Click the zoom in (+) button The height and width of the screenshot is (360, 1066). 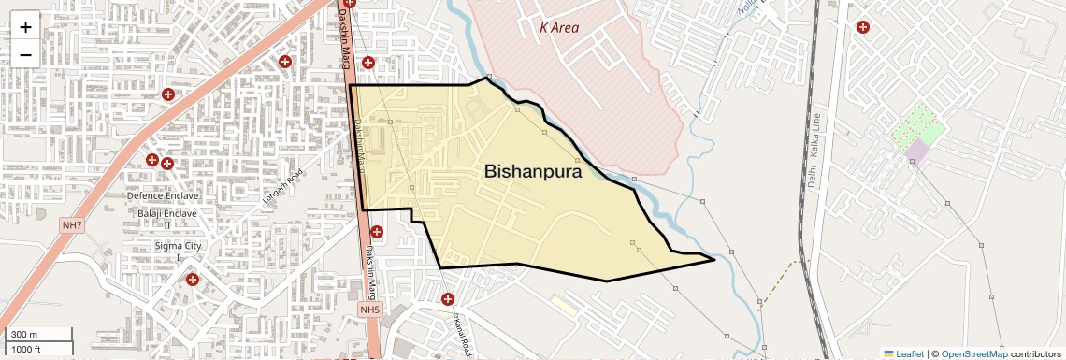click(x=25, y=26)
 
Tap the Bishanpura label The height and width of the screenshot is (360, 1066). click(x=533, y=172)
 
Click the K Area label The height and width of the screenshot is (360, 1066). click(x=559, y=27)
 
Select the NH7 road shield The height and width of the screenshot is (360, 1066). click(x=71, y=226)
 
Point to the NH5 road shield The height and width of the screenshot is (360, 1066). click(x=371, y=310)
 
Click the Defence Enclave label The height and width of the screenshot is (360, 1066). click(x=164, y=195)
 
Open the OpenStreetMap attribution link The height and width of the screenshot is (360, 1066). click(x=973, y=353)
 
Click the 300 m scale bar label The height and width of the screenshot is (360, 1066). click(x=24, y=335)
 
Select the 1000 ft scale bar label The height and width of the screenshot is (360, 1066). click(x=28, y=349)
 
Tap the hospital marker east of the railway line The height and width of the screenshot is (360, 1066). click(x=862, y=26)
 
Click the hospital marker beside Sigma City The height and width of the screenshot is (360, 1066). click(x=193, y=279)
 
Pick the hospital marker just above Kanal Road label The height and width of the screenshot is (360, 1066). click(x=448, y=299)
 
